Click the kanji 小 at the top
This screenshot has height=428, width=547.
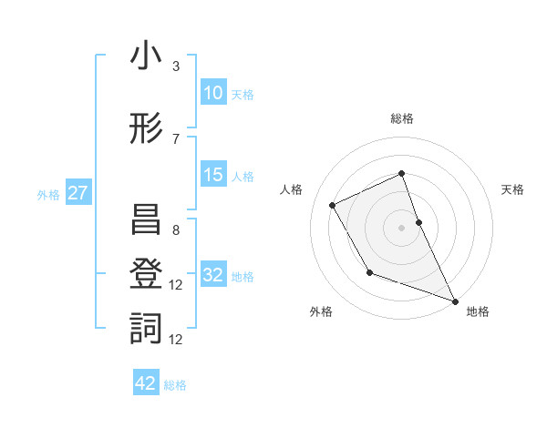(x=146, y=56)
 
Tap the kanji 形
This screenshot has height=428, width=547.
(x=146, y=129)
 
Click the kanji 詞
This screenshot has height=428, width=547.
(x=146, y=328)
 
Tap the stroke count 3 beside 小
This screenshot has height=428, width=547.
(x=176, y=66)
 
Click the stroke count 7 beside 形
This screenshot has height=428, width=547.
(x=176, y=138)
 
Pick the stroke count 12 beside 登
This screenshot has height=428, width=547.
(x=177, y=285)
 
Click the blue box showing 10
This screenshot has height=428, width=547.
(x=212, y=93)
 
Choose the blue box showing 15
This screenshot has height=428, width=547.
(x=212, y=175)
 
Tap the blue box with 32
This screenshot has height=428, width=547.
(x=212, y=275)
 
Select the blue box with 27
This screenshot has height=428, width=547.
(x=78, y=193)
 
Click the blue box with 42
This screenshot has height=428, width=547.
(x=146, y=383)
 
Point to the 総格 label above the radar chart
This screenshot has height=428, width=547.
(x=402, y=118)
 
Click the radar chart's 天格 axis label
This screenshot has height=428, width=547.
(x=512, y=189)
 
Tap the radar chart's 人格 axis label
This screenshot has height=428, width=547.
(x=292, y=189)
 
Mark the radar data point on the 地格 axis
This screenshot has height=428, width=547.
(x=456, y=301)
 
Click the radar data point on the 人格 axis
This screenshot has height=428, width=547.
(x=333, y=205)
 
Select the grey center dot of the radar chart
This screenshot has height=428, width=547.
(x=402, y=227)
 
